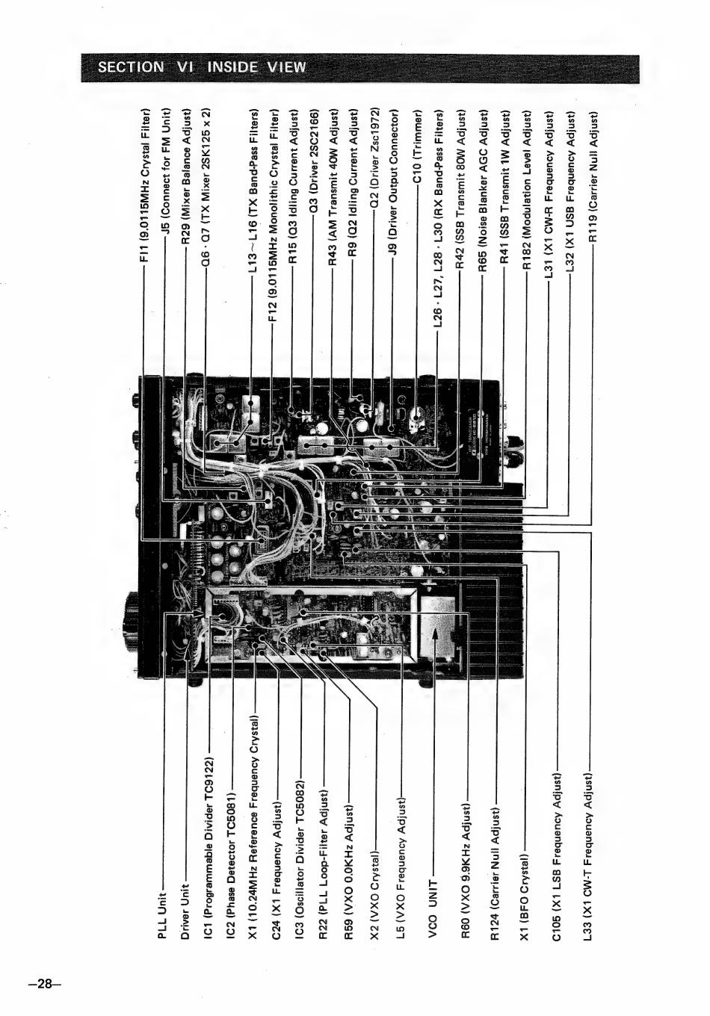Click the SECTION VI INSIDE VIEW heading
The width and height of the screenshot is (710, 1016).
pos(202,67)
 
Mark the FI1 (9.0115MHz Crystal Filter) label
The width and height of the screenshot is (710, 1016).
pos(146,185)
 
